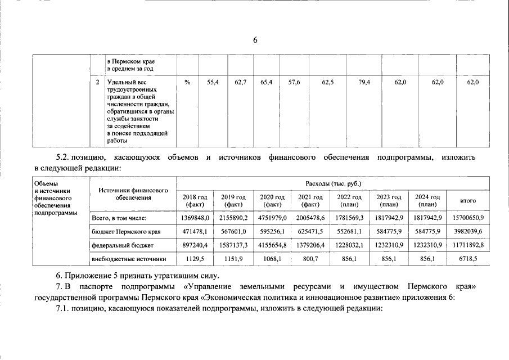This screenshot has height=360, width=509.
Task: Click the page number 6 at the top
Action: click(x=255, y=40)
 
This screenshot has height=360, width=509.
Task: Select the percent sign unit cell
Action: click(x=187, y=83)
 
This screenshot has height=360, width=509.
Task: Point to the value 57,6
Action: click(x=294, y=83)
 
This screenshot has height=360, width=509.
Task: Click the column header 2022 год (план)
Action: click(x=350, y=201)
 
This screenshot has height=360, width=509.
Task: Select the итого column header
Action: click(x=468, y=201)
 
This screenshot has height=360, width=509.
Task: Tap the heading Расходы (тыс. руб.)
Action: click(x=333, y=184)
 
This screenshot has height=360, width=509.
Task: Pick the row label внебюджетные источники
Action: click(x=129, y=259)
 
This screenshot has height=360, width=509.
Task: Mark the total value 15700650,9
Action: click(x=468, y=217)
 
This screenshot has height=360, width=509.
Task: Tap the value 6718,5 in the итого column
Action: click(x=468, y=259)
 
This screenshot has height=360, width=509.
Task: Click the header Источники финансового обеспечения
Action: click(x=133, y=194)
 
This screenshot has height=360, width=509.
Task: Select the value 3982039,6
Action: click(x=468, y=231)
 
